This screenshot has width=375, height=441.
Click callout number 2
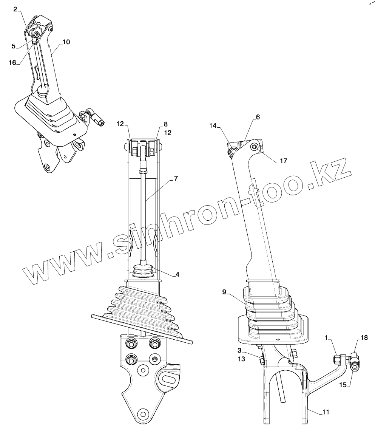[x=15, y=9]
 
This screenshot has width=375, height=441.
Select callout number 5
[x=14, y=46]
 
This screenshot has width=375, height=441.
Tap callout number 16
[x=12, y=62]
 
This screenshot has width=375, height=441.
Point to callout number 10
[x=66, y=42]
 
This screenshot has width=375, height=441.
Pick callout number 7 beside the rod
[x=176, y=178]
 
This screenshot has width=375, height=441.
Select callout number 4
[x=177, y=274]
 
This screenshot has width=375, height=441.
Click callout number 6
[x=258, y=117]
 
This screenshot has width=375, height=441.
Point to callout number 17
[x=284, y=161]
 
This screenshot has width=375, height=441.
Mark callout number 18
[x=364, y=338]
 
